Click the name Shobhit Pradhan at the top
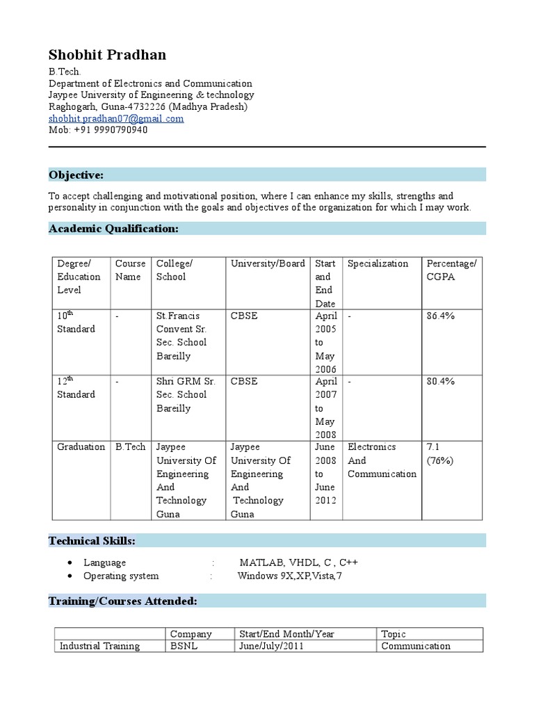107,55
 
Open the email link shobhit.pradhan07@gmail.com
116,118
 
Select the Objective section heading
76,175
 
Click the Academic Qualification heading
113,229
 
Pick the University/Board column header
268,264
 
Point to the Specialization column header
378,264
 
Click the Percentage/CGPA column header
451,270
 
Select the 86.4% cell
440,316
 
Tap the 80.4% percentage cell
440,381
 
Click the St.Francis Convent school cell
182,336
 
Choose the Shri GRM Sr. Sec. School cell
186,394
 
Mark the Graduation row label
81,447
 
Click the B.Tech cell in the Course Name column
131,447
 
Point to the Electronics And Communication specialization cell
382,460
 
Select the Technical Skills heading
92,540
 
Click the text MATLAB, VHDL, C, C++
299,563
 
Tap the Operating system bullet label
121,576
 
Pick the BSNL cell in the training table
184,646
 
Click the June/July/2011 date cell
271,646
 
